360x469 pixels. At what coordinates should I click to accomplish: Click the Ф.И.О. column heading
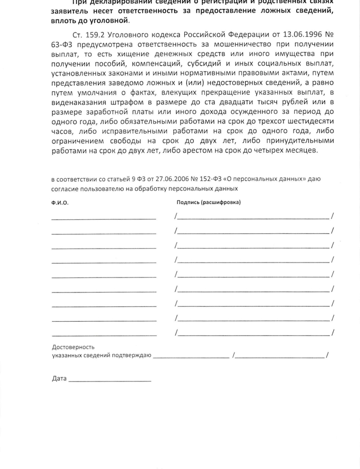pyautogui.click(x=60, y=203)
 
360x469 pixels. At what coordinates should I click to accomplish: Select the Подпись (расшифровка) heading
pyautogui.click(x=208, y=203)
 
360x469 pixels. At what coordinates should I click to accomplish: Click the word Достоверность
pyautogui.click(x=73, y=347)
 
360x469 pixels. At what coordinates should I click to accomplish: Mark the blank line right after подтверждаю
pyautogui.click(x=191, y=356)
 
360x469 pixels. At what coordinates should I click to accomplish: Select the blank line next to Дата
pyautogui.click(x=110, y=380)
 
